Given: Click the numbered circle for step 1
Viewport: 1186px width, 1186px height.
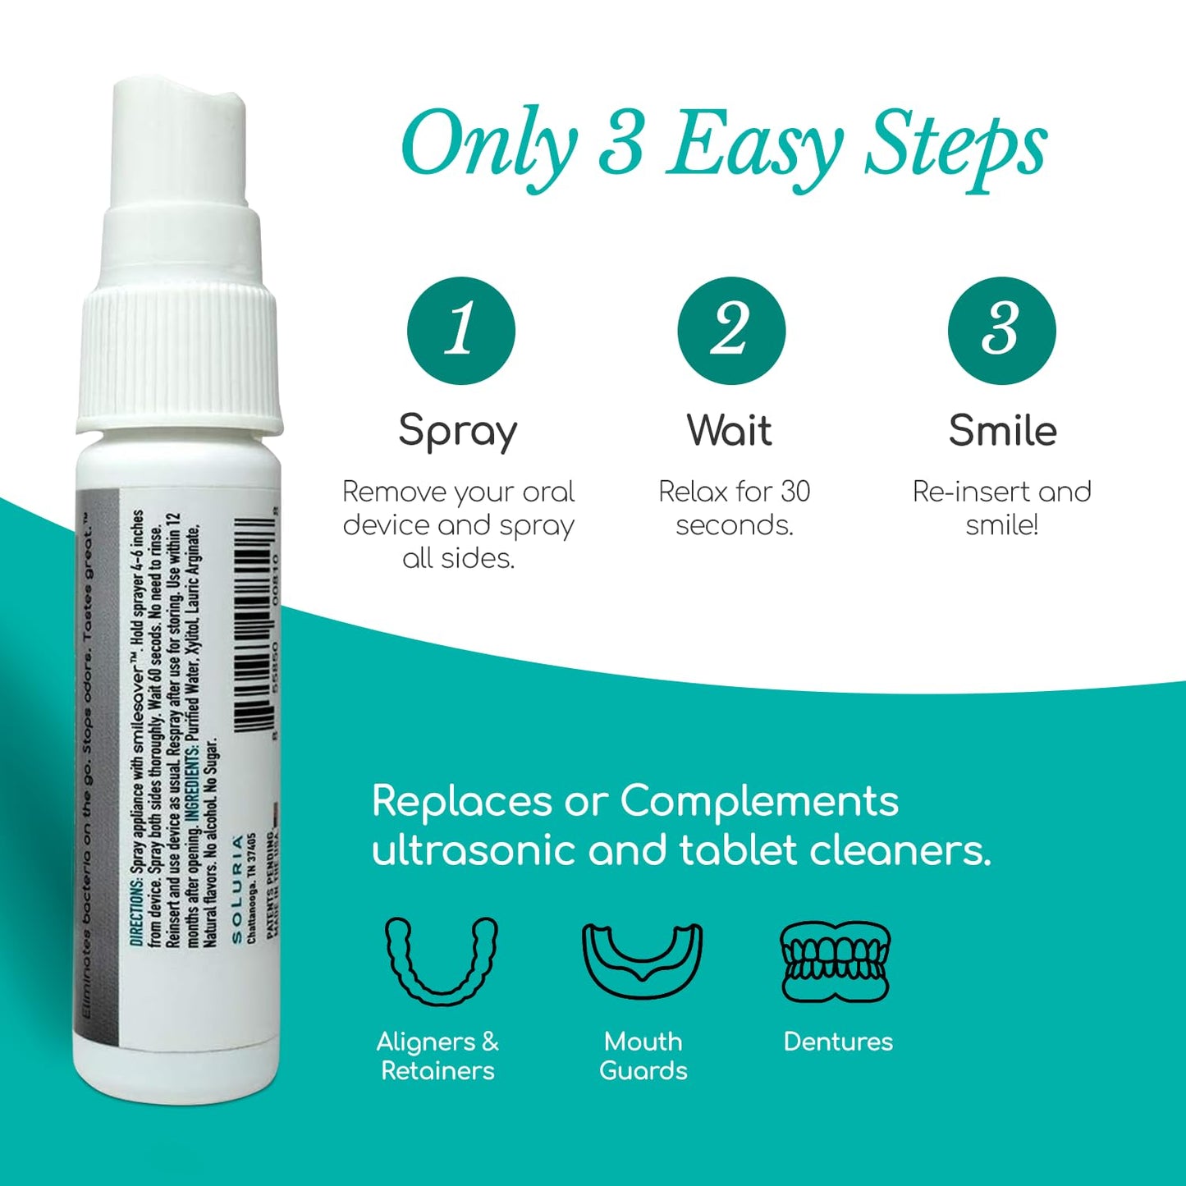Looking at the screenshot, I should click(x=460, y=331).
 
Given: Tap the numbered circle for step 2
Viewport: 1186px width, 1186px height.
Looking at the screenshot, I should click(x=731, y=331).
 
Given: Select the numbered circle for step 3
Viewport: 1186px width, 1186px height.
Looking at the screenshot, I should click(x=1001, y=331).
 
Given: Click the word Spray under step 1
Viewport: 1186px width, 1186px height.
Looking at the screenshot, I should click(x=458, y=432).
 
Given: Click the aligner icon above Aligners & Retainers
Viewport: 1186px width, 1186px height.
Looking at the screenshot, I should click(x=442, y=960).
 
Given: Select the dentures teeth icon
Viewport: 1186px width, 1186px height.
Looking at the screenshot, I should click(x=836, y=960).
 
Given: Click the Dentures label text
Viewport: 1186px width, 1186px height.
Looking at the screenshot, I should click(x=838, y=1042).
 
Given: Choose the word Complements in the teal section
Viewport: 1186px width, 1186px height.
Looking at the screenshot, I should click(x=759, y=800).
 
